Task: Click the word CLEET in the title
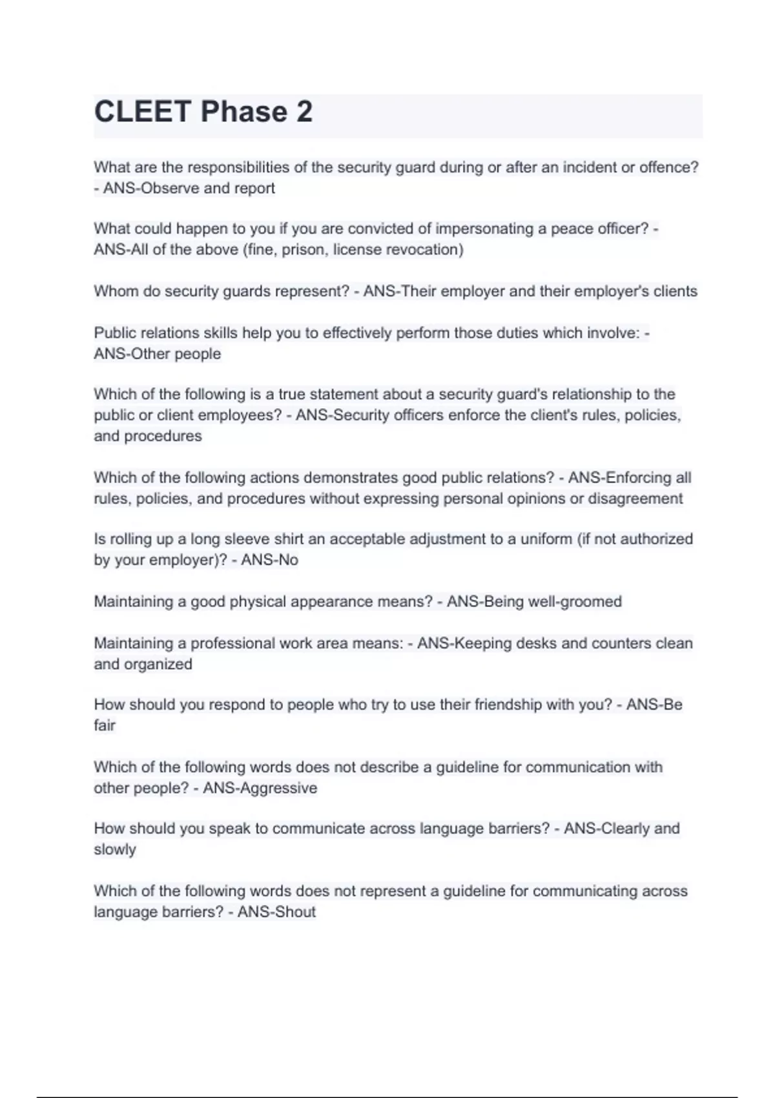point(143,112)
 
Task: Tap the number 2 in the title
point(304,112)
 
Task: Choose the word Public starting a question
point(114,333)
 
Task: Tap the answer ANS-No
point(269,560)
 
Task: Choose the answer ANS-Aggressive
point(260,788)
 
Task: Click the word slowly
point(114,849)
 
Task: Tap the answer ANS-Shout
point(276,912)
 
